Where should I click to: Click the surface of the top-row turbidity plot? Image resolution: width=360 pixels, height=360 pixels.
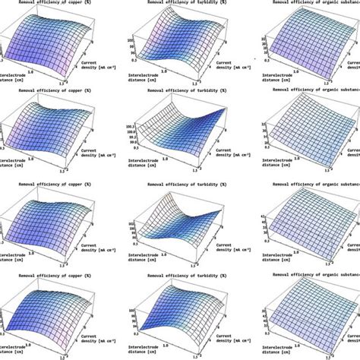click(178, 42)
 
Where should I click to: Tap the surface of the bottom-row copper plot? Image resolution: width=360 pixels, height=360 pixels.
click(53, 311)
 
